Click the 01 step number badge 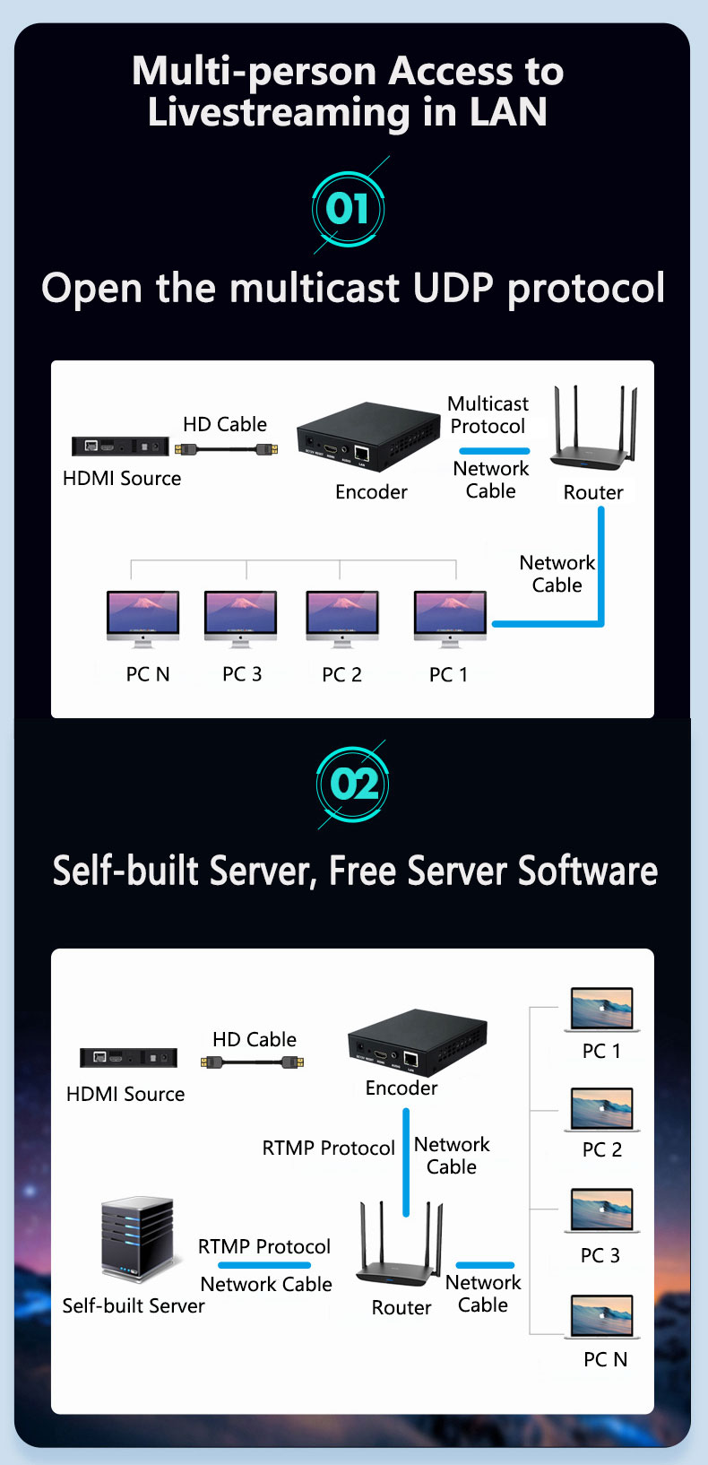[x=348, y=209]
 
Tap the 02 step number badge [x=353, y=785]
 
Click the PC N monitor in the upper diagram [x=142, y=617]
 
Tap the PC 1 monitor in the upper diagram [x=450, y=617]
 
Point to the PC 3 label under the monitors [x=242, y=674]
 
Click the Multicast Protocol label [x=488, y=415]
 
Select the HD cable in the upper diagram [x=226, y=448]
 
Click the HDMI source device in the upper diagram [x=120, y=446]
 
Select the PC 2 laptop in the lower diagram [x=601, y=1109]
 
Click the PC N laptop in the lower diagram [x=602, y=1317]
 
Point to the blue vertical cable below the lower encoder [x=406, y=1162]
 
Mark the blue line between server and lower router [x=263, y=1265]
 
